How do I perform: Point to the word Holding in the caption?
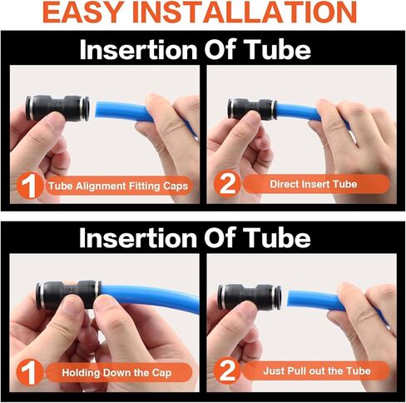(x=81, y=372)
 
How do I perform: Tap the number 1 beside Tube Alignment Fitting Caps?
(x=30, y=186)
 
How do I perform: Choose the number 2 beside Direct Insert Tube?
(x=227, y=184)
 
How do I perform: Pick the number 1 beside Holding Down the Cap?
(x=29, y=373)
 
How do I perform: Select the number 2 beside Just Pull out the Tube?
(x=227, y=371)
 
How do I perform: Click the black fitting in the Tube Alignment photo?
(x=57, y=108)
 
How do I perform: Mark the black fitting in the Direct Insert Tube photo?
(x=252, y=109)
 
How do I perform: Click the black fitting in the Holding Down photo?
(x=68, y=295)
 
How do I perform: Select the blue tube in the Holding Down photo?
(x=150, y=298)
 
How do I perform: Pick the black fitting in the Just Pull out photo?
(x=250, y=297)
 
